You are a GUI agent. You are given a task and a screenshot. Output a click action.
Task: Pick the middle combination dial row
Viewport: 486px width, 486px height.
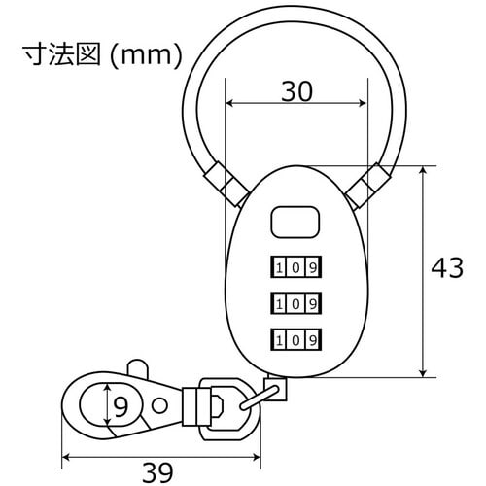pos(295,303)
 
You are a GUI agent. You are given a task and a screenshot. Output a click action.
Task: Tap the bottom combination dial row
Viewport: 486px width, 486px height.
pos(295,340)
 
